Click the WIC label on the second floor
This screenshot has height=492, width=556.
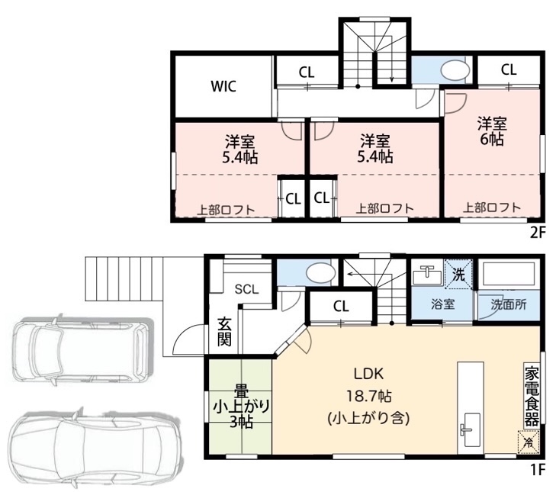point(223,86)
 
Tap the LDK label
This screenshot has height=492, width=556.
point(369,373)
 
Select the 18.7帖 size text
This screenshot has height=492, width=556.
point(369,396)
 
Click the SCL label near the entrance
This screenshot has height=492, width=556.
point(247,289)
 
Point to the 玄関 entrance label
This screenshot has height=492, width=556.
point(224,333)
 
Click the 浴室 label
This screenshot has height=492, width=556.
point(443,304)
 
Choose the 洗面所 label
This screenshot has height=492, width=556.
point(509,304)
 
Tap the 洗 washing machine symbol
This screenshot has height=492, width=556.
point(458,275)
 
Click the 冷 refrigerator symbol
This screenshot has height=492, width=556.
point(528,442)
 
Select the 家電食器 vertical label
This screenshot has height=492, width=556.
point(532,395)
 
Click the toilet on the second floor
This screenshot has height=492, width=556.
point(455,70)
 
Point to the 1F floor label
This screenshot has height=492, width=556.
point(537,470)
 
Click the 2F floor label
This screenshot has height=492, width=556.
point(536,233)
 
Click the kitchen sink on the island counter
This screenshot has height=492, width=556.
point(471,430)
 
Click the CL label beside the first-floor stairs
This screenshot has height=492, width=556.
point(341,306)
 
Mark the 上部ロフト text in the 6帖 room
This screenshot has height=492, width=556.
point(492,207)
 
